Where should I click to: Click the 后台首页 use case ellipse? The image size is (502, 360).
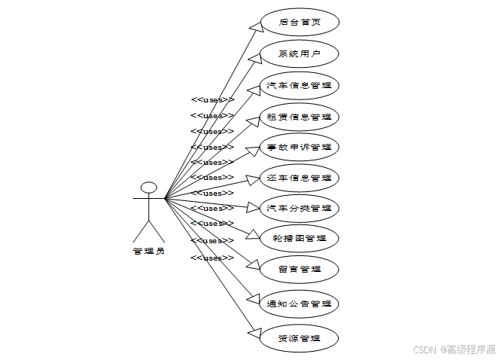[299, 23]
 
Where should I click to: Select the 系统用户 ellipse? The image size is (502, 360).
[299, 53]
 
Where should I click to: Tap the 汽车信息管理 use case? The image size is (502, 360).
[299, 85]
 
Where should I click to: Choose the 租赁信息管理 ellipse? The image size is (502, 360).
[299, 117]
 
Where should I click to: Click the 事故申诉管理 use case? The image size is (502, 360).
[299, 146]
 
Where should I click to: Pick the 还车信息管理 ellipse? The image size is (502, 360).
[299, 178]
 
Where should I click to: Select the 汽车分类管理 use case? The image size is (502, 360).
[299, 207]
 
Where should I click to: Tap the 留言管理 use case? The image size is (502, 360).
[299, 269]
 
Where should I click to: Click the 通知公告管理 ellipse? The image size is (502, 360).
[299, 304]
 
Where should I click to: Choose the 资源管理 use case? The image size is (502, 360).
[299, 338]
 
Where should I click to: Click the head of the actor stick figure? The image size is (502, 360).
[148, 188]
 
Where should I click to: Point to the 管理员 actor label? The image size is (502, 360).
[148, 252]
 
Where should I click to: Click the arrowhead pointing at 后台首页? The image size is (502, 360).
[255, 26]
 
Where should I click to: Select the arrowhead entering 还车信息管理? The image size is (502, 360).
[253, 180]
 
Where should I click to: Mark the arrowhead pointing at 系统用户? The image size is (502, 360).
[255, 58]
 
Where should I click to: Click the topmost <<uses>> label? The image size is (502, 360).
[212, 99]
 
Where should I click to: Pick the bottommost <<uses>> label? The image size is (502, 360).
[212, 258]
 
